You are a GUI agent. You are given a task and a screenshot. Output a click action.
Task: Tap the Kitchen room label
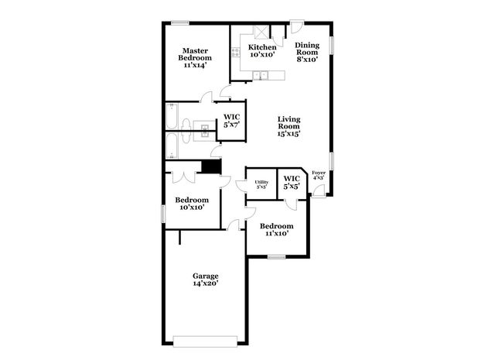[262, 51]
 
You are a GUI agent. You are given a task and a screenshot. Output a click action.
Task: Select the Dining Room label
[308, 51]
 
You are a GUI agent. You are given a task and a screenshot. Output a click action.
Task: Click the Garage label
[205, 279]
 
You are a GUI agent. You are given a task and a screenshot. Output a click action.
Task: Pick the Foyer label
[318, 175]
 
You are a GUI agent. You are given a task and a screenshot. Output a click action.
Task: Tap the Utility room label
[261, 184]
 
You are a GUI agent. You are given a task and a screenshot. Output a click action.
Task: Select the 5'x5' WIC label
[292, 183]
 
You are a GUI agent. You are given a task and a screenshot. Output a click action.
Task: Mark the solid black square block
[210, 166]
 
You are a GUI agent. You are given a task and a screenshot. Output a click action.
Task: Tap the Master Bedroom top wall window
[181, 23]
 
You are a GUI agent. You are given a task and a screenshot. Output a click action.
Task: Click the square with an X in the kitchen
[261, 34]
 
